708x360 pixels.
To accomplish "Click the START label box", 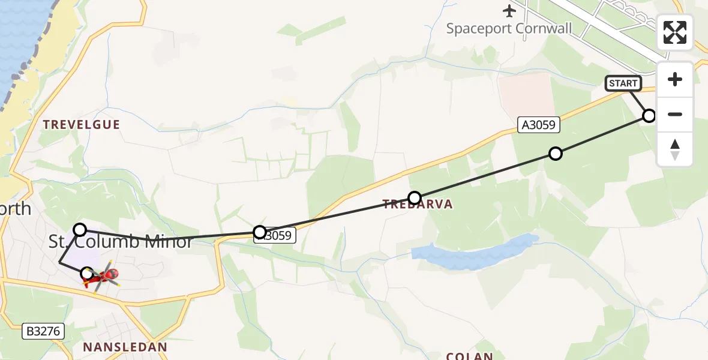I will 623,83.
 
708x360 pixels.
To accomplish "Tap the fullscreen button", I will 675,32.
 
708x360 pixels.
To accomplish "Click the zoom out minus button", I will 675,114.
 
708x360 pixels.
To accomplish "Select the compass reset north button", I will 675,149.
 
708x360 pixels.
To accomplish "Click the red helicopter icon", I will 103,276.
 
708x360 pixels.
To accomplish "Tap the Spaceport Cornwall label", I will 509,28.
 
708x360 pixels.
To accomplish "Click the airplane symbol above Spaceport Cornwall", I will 509,11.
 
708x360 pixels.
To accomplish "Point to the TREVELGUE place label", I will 81,125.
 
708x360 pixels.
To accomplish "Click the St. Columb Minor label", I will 120,242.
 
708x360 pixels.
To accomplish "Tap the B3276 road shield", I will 43,331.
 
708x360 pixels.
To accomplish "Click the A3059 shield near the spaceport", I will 539,125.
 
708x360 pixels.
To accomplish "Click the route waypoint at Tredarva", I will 415,197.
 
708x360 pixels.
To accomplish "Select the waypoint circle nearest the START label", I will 649,115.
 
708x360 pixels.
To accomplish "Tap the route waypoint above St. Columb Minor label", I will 80,229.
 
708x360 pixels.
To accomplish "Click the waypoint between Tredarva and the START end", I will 556,154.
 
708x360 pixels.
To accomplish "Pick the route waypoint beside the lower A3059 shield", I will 260,232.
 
